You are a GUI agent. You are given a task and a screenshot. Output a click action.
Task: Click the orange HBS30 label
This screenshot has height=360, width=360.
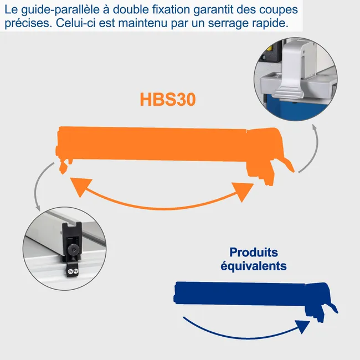tap(168, 99)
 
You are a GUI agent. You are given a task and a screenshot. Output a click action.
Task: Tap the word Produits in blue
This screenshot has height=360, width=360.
tap(254, 253)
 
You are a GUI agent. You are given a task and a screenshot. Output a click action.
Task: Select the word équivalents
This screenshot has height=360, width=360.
tap(254, 266)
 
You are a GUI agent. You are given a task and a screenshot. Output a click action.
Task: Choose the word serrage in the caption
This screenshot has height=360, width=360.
tap(230, 23)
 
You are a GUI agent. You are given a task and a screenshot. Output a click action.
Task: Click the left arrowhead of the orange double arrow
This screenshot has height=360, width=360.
tap(79, 186)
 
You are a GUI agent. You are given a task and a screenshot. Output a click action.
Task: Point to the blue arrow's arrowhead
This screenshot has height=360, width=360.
tap(302, 326)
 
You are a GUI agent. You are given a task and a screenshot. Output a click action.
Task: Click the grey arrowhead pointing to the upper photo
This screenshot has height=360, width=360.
tap(315, 128)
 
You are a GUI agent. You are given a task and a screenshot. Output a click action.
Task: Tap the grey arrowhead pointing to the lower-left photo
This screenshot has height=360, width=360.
tap(38, 207)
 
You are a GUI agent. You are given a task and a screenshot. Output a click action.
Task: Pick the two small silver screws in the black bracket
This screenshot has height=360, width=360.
tap(73, 271)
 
